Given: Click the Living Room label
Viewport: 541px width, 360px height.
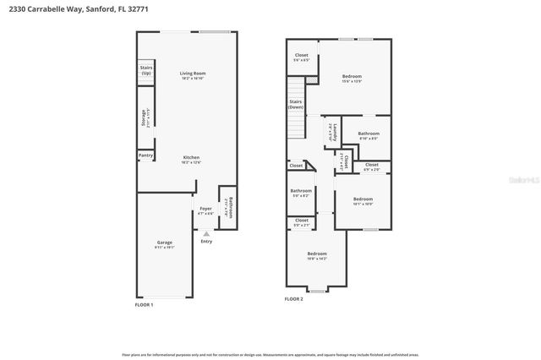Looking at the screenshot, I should [x=193, y=75].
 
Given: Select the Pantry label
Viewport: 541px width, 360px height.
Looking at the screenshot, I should [x=146, y=155].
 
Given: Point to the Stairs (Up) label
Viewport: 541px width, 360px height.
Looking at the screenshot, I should [x=146, y=70].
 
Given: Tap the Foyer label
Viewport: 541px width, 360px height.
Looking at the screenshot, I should [x=205, y=210].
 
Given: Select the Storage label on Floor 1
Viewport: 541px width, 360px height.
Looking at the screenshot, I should [x=145, y=117].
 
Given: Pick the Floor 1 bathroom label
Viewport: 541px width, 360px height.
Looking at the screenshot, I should [x=226, y=207].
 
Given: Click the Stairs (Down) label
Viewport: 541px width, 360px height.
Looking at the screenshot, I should [x=296, y=105].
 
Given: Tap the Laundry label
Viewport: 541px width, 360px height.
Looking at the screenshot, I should [x=335, y=131].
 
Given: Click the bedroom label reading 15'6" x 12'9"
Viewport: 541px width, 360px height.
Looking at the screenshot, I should [x=352, y=78].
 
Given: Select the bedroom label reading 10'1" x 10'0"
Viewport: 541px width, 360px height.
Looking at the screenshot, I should [x=362, y=201].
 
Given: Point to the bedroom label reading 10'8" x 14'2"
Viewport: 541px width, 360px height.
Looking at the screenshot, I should [x=317, y=255].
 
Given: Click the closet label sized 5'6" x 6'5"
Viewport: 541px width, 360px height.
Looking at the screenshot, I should [x=302, y=57].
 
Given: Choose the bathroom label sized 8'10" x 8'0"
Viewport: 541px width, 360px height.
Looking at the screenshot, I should [x=369, y=135].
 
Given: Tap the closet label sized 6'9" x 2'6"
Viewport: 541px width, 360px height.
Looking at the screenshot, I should [x=372, y=167].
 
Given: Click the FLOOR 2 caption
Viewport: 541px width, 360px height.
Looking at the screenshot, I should [x=293, y=299].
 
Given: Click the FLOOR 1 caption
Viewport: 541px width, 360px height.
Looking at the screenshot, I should [x=145, y=303].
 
